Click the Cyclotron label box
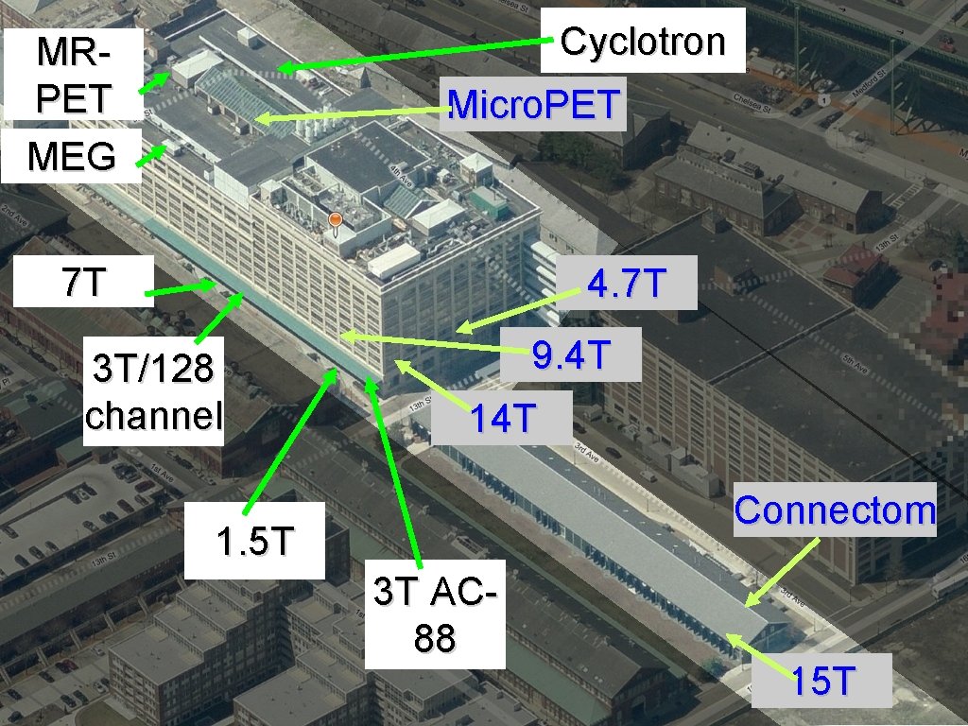[642, 42]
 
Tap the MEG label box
[71, 156]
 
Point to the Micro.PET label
[535, 105]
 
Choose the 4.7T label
[628, 283]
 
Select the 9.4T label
[571, 354]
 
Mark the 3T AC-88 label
[435, 614]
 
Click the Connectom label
[835, 510]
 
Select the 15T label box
[822, 680]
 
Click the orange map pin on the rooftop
[334, 222]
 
